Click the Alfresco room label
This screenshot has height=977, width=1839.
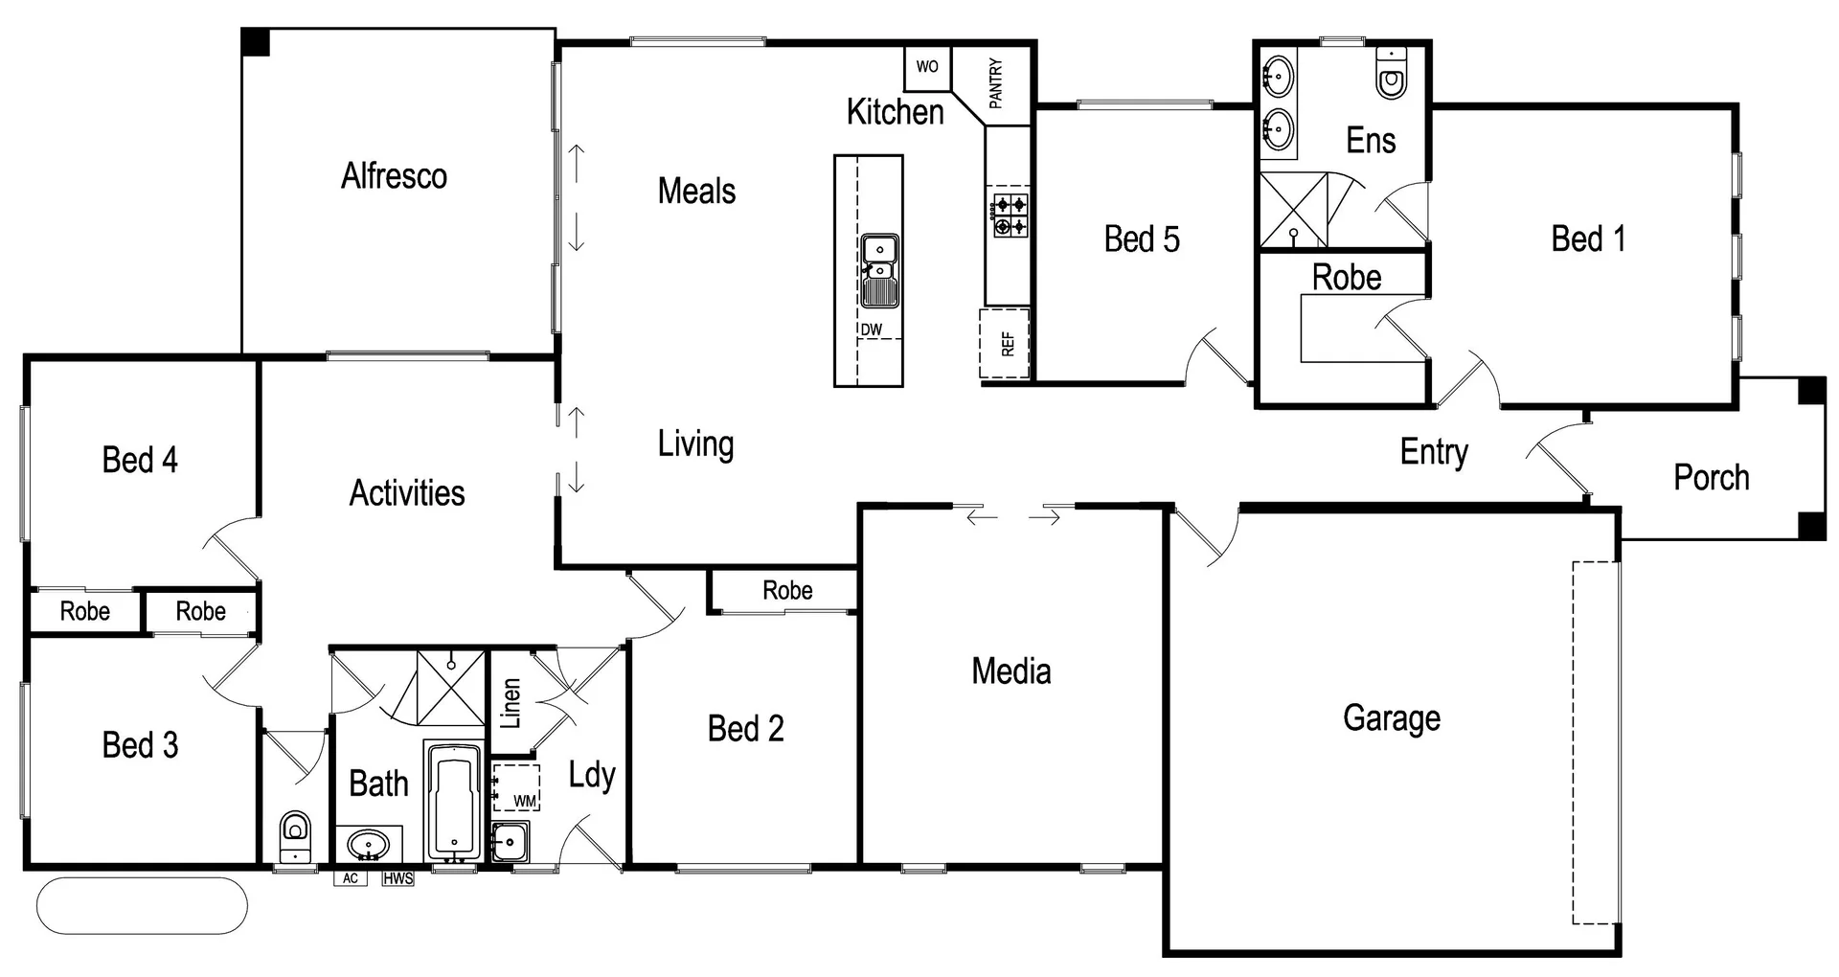[x=394, y=176]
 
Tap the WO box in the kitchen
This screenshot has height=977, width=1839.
[x=927, y=67]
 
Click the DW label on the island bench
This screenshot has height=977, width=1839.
[x=871, y=329]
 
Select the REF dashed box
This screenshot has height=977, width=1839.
[x=1005, y=343]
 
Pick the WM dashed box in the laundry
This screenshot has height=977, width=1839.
[x=516, y=787]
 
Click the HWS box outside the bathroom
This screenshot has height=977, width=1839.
[x=397, y=878]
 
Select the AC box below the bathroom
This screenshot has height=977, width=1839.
[x=350, y=878]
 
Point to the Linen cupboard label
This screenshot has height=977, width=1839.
[x=511, y=703]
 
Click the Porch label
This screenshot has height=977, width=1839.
[x=1711, y=477]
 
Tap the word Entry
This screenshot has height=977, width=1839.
[x=1434, y=452]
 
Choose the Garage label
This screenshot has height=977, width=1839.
[x=1391, y=717]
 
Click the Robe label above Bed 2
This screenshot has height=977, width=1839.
[x=787, y=591]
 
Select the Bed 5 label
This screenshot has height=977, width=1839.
[x=1142, y=239]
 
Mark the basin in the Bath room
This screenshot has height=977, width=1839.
[x=368, y=845]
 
